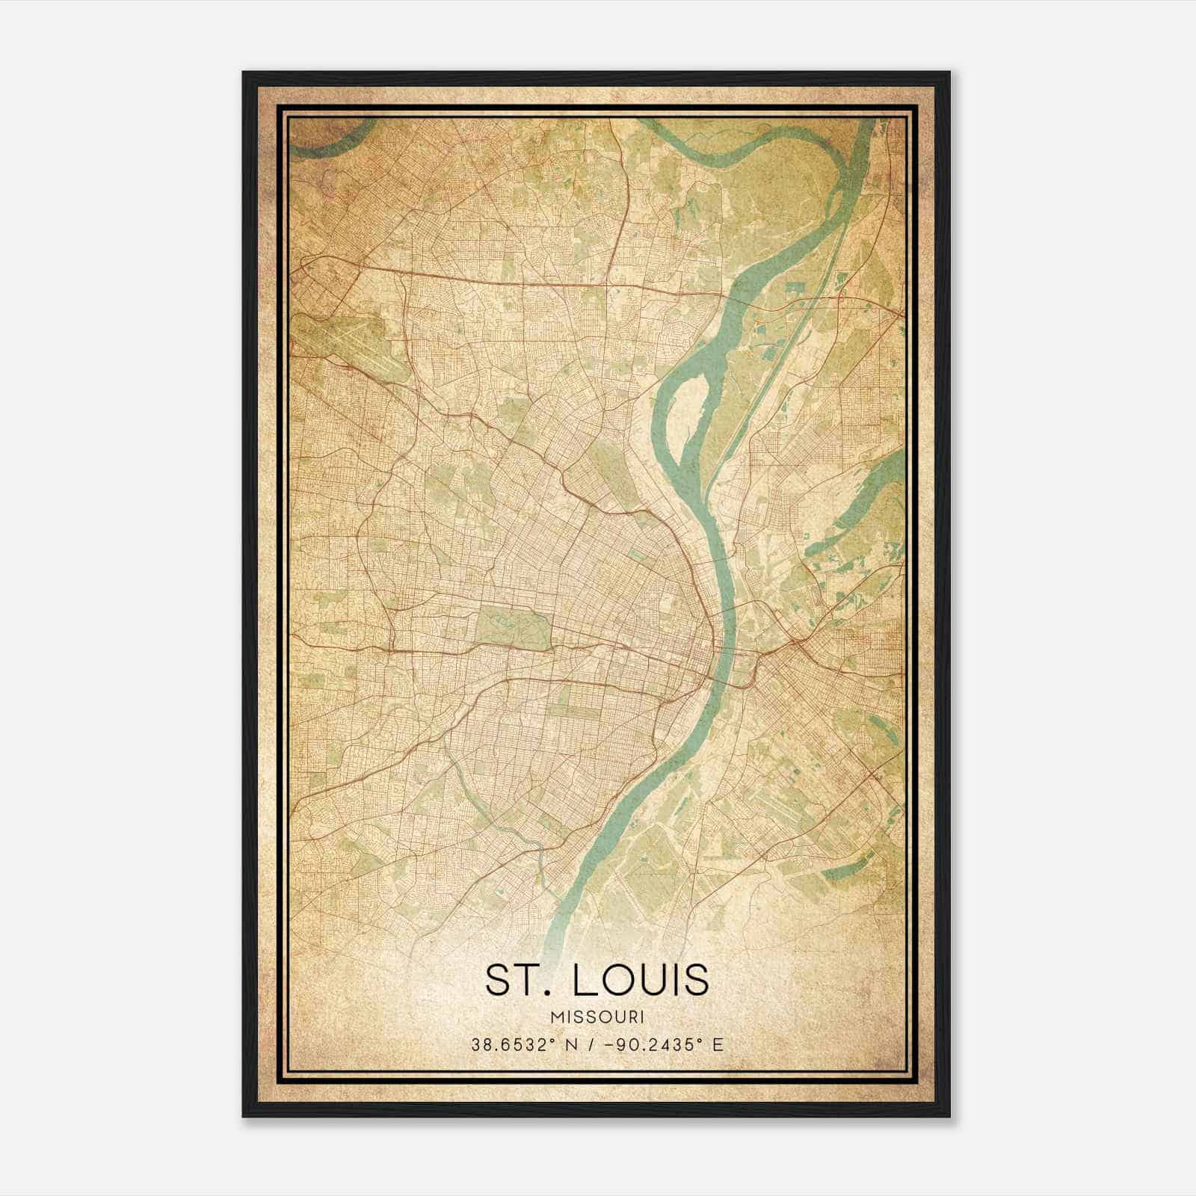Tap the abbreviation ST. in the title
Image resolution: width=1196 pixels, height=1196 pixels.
(516, 980)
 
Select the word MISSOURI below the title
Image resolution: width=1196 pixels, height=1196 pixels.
(597, 1017)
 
